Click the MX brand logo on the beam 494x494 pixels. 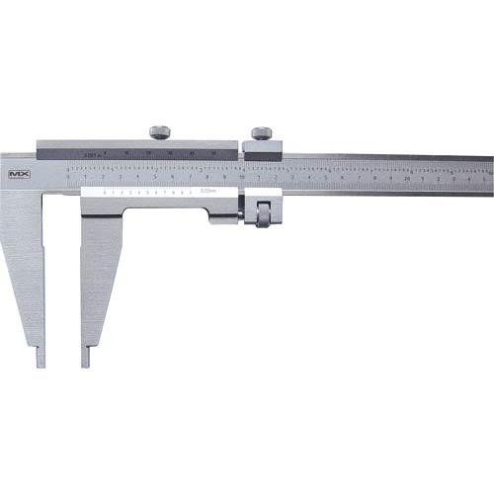[x=18, y=175]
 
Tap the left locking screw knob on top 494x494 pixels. [x=160, y=132]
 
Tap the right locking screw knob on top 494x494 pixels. [x=262, y=132]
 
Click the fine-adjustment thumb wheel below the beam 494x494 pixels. [x=264, y=212]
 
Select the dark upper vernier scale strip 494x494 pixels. [x=138, y=153]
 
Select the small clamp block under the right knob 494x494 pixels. [x=263, y=150]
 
